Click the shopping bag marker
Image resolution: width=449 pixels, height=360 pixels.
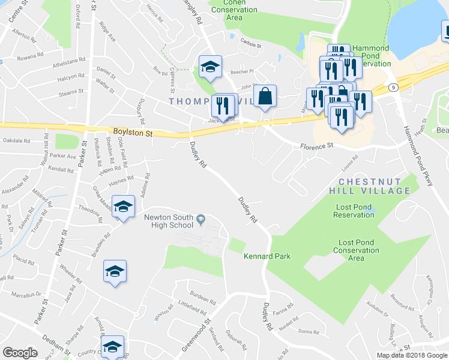(x=265, y=96)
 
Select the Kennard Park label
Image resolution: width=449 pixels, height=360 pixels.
(x=267, y=256)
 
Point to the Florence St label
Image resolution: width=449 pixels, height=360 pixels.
(x=316, y=145)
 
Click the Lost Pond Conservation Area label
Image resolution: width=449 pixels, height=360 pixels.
(x=356, y=250)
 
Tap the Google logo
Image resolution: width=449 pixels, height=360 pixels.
(x=20, y=353)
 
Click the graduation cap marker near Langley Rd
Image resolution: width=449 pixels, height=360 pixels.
(x=210, y=67)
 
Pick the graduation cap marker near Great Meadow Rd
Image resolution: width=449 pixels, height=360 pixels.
(x=122, y=207)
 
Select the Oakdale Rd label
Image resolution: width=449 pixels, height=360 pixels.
(x=16, y=141)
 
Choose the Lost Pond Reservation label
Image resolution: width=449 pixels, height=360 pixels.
(x=354, y=211)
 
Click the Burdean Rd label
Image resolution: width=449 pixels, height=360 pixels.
(x=202, y=298)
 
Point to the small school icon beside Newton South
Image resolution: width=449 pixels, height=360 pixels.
(x=200, y=221)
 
